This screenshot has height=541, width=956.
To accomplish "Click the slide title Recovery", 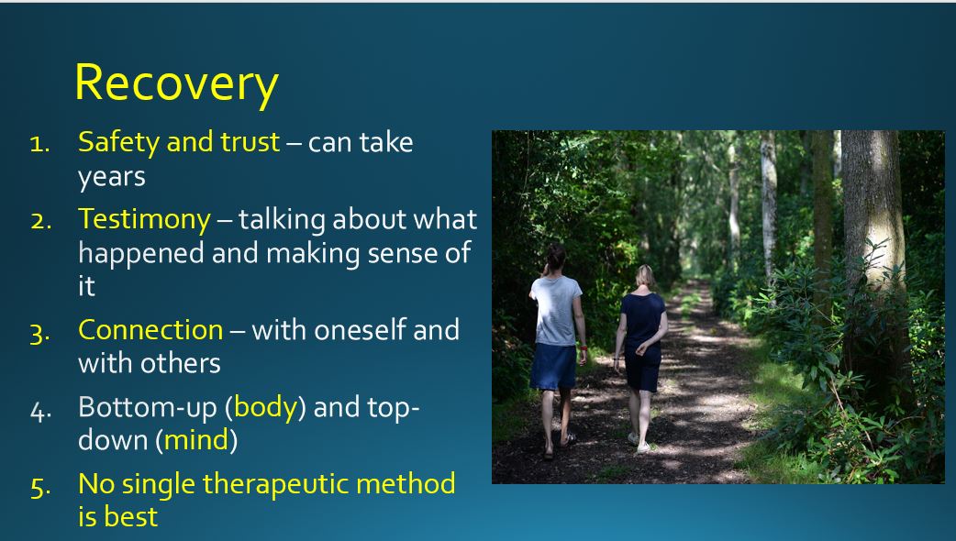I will point(176,83).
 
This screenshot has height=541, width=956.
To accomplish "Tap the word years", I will point(111,177).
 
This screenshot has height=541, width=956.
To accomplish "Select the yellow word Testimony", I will point(144,219).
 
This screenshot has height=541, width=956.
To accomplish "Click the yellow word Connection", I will point(150,329).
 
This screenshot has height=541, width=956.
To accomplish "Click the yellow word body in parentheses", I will point(266,406).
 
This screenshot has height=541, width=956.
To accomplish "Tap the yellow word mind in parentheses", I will point(196,440).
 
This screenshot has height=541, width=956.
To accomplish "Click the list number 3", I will point(39,332).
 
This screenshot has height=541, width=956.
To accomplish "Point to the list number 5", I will point(39,486).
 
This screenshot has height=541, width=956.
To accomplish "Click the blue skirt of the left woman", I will point(553,365).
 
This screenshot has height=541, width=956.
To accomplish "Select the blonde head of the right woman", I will point(645,277).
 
